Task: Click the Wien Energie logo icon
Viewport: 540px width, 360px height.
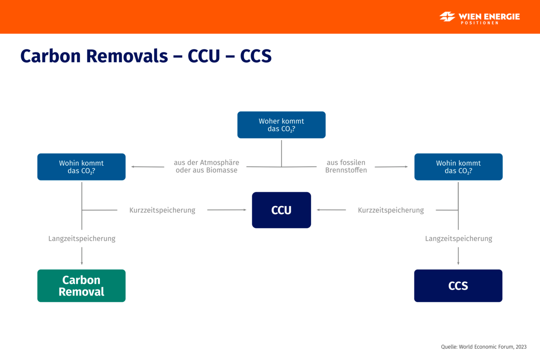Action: click(x=447, y=16)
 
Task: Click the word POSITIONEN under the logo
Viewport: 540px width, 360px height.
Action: click(x=479, y=23)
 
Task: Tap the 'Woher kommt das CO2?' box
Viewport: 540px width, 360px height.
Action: click(x=281, y=125)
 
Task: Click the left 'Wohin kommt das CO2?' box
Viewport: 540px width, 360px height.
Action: click(x=81, y=167)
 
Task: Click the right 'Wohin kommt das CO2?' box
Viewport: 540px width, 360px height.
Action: click(x=458, y=167)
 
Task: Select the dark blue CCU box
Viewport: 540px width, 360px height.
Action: click(x=281, y=210)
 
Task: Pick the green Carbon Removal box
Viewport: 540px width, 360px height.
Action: click(x=81, y=286)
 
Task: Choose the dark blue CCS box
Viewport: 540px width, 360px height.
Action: click(x=458, y=286)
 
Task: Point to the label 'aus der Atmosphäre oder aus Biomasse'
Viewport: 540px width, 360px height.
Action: click(x=207, y=166)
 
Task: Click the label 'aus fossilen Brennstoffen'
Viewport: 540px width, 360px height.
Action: click(x=346, y=166)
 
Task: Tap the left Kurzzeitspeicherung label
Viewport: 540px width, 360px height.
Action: click(x=162, y=210)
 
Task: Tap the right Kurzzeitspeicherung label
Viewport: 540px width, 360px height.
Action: click(x=391, y=210)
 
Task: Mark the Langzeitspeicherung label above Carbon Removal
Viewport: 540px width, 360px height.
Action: click(x=82, y=239)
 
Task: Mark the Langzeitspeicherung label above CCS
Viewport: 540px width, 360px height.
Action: click(x=459, y=239)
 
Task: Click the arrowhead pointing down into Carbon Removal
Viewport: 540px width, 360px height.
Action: click(x=82, y=263)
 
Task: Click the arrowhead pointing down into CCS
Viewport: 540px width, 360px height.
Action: click(x=458, y=263)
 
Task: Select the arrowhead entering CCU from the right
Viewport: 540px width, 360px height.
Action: click(x=319, y=210)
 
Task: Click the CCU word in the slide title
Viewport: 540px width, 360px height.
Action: click(x=204, y=56)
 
